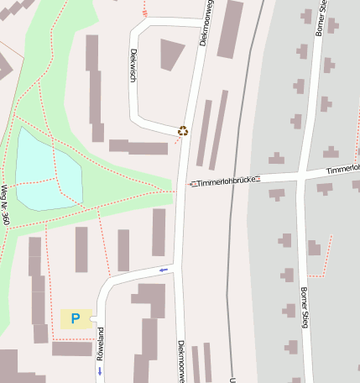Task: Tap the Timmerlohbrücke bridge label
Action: (x=225, y=181)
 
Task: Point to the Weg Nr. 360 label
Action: (x=5, y=206)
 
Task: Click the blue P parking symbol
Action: (x=76, y=319)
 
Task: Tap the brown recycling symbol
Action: (x=183, y=130)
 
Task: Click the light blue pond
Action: (x=46, y=172)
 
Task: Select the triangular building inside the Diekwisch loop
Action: (x=171, y=53)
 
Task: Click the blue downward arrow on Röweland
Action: (x=99, y=370)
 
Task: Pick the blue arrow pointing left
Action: (x=163, y=270)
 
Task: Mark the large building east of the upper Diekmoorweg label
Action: (x=230, y=29)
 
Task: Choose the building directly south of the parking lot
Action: (x=71, y=348)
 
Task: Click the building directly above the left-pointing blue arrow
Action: (x=158, y=232)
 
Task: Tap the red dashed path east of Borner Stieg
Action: (x=328, y=255)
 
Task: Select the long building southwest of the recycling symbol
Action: (x=138, y=148)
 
